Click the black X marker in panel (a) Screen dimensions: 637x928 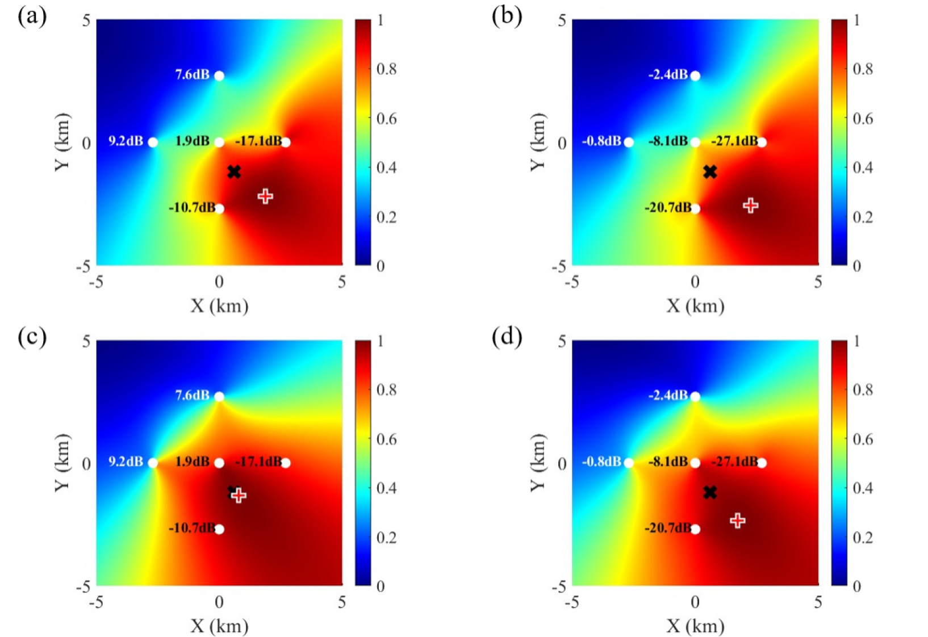(x=233, y=171)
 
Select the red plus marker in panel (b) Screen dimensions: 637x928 (x=751, y=206)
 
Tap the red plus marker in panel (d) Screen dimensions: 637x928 (x=737, y=520)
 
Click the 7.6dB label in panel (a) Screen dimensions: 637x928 (x=192, y=74)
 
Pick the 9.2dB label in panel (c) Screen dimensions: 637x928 (x=126, y=462)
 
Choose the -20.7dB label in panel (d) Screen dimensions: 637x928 (x=667, y=528)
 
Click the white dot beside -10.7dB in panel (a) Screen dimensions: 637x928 (x=219, y=208)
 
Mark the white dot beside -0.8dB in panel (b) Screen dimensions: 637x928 (x=628, y=142)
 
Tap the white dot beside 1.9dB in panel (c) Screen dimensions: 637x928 (x=219, y=463)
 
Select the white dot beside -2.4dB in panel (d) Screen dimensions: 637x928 (x=695, y=396)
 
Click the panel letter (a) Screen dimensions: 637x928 (x=32, y=16)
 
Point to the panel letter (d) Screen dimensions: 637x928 (x=507, y=337)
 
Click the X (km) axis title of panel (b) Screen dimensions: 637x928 (x=695, y=306)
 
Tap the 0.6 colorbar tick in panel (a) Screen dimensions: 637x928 (x=387, y=119)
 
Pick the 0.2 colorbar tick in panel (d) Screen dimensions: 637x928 (x=863, y=537)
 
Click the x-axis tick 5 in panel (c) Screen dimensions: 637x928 (x=341, y=602)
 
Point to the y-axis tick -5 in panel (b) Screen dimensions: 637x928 (x=559, y=266)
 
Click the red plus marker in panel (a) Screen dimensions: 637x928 (x=265, y=196)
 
